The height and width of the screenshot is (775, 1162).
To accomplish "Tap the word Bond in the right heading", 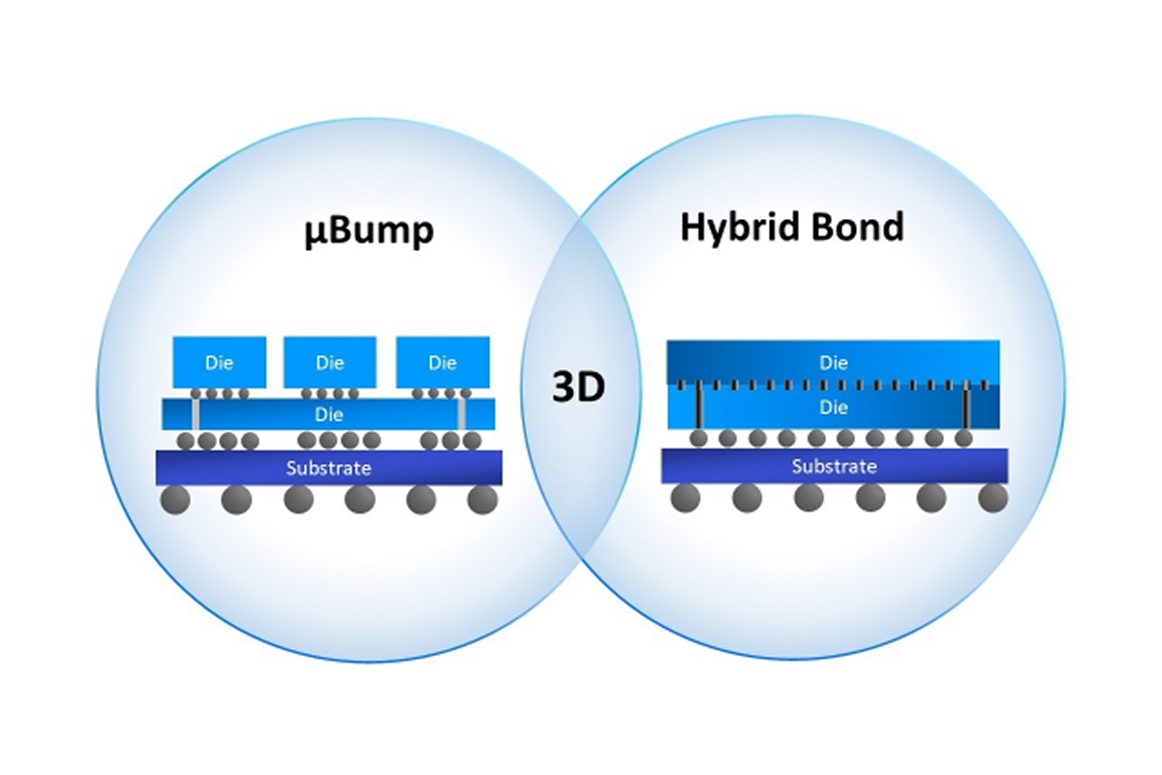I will tap(856, 226).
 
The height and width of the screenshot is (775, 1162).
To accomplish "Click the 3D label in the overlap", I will tap(578, 387).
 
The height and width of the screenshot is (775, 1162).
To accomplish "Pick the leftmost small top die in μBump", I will tap(219, 362).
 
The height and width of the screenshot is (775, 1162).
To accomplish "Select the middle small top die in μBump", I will tap(330, 362).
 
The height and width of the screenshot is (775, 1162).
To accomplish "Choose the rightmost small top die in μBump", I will tap(443, 362).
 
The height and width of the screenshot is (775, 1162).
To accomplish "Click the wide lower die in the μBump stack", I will tap(329, 414).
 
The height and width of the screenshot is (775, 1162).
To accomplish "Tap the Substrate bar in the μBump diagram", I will tap(329, 468).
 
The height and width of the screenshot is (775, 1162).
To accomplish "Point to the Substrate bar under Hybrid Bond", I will tap(835, 466).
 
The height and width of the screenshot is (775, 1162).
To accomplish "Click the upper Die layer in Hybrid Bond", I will tap(834, 362).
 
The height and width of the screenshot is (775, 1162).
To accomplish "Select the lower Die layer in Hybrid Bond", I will tap(834, 407).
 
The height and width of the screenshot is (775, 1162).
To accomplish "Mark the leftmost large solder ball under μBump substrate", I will tap(174, 500).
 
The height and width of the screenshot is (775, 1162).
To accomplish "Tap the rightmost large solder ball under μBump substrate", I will tap(482, 500).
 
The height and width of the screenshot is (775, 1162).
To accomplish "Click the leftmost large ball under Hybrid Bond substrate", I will tap(686, 498).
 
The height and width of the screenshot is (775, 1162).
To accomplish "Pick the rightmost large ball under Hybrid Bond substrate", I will tap(993, 498).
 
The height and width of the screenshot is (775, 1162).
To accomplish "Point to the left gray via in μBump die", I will tap(196, 415).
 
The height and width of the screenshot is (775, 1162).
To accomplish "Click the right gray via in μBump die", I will tap(462, 415).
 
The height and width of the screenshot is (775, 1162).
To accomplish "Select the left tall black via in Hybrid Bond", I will tap(697, 407).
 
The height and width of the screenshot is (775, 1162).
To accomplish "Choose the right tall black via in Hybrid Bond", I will tap(965, 407).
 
